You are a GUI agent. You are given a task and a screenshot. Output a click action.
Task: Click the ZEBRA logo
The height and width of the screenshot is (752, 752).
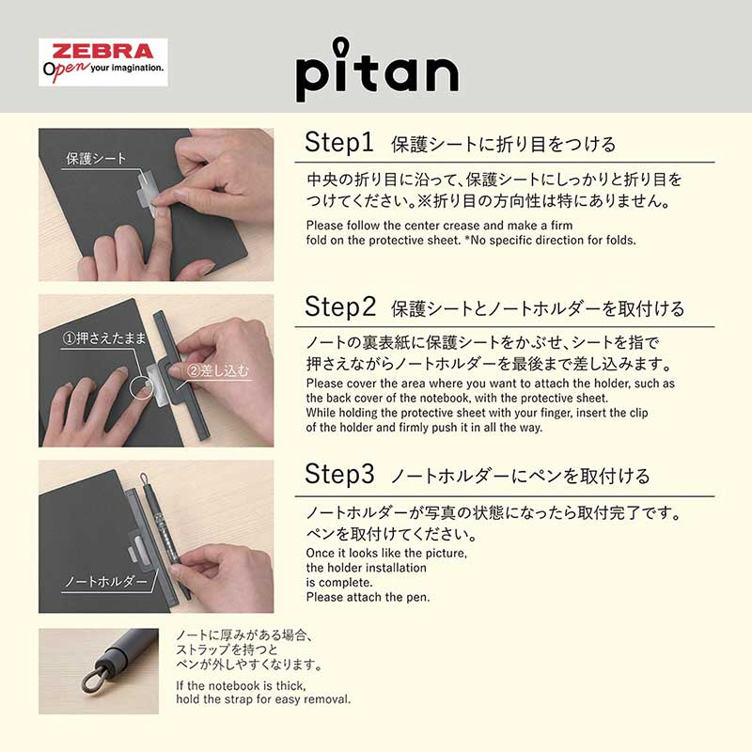(x=102, y=51)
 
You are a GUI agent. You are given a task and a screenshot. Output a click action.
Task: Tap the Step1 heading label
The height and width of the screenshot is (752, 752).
(x=339, y=143)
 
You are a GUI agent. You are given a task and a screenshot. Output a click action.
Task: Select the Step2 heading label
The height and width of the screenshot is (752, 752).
(x=340, y=306)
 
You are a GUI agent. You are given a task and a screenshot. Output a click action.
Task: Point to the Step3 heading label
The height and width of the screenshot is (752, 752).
(x=339, y=475)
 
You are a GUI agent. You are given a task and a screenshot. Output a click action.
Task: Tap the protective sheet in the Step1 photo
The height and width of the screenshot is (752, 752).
(x=151, y=187)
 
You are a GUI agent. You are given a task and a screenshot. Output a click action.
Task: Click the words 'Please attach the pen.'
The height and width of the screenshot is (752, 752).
(x=368, y=597)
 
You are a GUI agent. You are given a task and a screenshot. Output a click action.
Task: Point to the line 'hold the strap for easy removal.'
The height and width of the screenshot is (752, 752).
(x=263, y=699)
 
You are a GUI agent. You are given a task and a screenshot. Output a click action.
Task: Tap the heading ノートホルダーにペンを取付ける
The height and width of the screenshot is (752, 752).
(x=520, y=477)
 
